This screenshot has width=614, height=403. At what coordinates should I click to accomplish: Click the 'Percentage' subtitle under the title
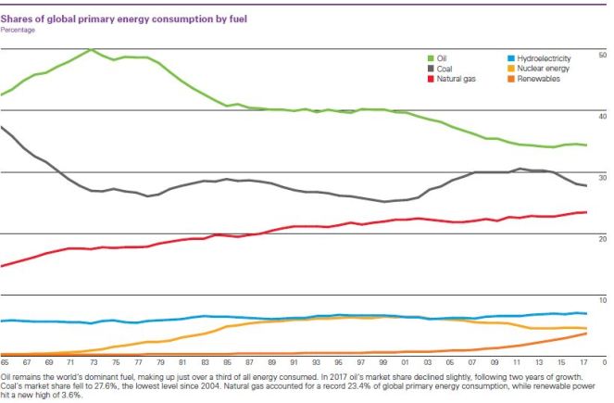pos(19,30)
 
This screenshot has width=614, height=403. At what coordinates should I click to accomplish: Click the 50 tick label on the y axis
pos(603,57)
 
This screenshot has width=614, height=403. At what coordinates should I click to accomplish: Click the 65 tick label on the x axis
pos(5,363)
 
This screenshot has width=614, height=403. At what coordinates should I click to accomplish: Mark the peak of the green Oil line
pos(91,50)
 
